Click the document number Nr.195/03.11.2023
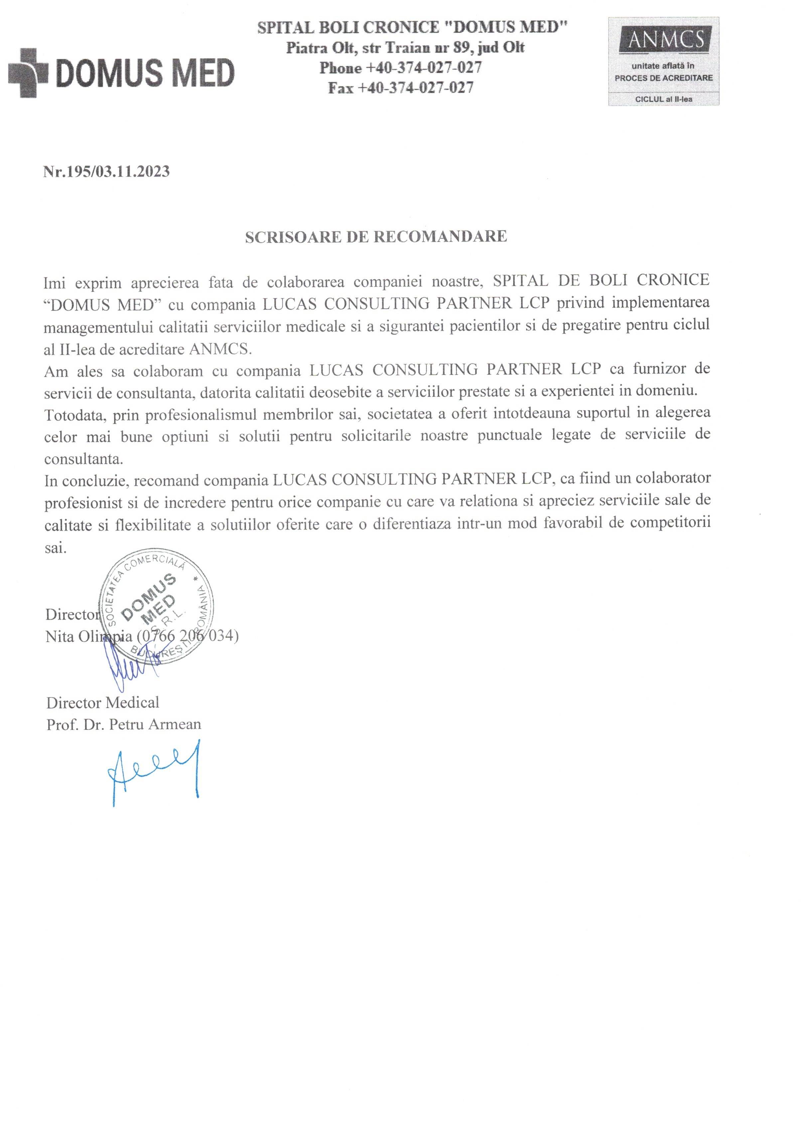tap(106, 172)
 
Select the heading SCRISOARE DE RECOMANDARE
tap(376, 236)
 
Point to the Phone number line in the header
tap(400, 68)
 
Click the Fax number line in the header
tap(400, 88)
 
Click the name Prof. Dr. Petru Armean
tap(124, 724)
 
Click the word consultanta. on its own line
tap(84, 458)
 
